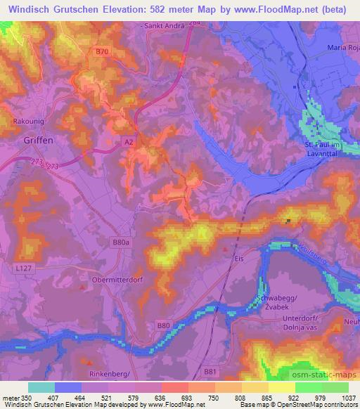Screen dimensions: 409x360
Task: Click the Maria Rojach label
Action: [343, 47]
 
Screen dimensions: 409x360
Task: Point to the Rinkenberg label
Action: [112, 375]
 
